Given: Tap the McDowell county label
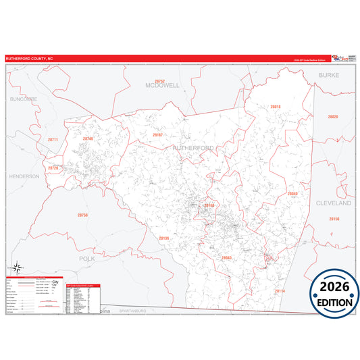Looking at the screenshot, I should [162, 86].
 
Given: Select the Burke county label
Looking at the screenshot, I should [329, 76].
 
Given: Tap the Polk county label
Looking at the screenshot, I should [88, 259].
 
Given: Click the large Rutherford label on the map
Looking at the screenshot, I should [193, 147].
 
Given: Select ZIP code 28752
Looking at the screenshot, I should [159, 81].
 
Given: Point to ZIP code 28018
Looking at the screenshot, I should [275, 107].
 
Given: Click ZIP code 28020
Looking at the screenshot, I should [332, 117].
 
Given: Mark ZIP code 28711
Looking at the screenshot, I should [53, 140].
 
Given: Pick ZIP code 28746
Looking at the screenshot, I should [87, 138].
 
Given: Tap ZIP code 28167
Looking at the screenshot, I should [157, 135].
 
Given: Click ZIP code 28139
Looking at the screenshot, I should [163, 238].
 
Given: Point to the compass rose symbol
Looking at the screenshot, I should [18, 267].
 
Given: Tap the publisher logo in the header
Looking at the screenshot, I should [342, 58].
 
